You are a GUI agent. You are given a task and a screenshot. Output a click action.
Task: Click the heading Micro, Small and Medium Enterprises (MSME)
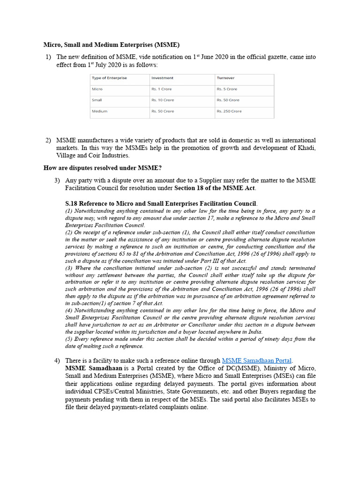point(112,45)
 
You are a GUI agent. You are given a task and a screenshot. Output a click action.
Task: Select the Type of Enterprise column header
point(109,78)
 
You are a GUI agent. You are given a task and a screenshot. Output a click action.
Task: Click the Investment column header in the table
point(162,78)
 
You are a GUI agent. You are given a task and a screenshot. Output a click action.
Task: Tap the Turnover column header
point(225,78)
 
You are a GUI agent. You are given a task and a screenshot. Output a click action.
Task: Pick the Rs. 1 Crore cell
point(161,89)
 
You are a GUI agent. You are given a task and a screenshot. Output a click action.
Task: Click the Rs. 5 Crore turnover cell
point(227,89)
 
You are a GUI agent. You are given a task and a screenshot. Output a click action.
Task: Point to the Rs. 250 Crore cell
point(229,112)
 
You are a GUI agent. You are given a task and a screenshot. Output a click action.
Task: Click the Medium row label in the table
point(99,112)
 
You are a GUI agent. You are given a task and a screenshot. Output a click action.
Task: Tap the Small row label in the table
point(97,100)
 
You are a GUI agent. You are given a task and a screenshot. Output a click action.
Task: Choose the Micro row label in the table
point(97,89)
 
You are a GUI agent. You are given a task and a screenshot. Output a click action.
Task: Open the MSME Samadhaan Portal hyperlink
point(257,360)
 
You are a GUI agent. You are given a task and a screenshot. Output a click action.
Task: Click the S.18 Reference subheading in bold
point(161,203)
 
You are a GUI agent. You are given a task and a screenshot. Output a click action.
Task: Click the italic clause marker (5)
point(69,339)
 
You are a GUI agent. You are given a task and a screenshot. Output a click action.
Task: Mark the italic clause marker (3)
point(69,268)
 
